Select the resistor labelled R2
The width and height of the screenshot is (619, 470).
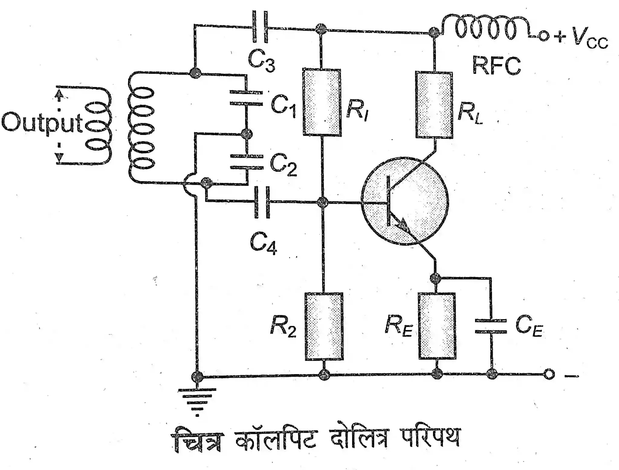coord(324,326)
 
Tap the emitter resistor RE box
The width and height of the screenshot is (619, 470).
coord(437,326)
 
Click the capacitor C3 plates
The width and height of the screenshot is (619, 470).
coord(260,27)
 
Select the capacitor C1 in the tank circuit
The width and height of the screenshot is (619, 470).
coord(246,97)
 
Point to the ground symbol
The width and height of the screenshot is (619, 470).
coord(197,398)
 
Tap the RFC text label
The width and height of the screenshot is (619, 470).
coord(496,66)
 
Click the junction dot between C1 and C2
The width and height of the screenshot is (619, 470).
coord(247,133)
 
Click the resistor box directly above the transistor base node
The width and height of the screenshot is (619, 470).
coord(322,102)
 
